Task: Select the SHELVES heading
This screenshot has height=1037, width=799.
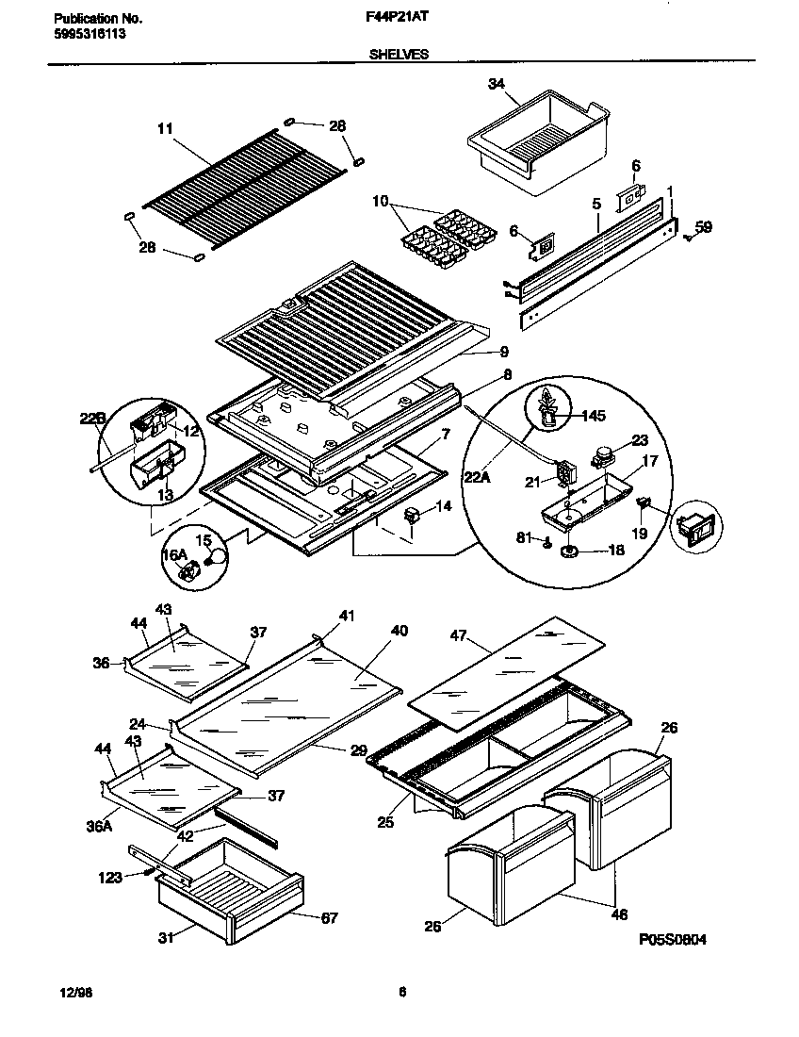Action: pos(398,55)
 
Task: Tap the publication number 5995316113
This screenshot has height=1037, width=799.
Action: pos(86,33)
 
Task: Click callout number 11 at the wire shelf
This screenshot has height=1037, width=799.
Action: pos(166,130)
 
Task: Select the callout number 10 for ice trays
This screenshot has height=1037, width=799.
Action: pos(381,202)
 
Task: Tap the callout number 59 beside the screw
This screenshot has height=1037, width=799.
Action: pos(703,226)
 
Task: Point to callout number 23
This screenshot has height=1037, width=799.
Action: pos(640,439)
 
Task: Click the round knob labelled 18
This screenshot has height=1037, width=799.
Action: pos(570,552)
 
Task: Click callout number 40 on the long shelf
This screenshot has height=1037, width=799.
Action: pos(399,630)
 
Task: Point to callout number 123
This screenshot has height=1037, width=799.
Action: pos(110,878)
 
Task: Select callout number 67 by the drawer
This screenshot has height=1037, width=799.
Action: pos(328,916)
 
